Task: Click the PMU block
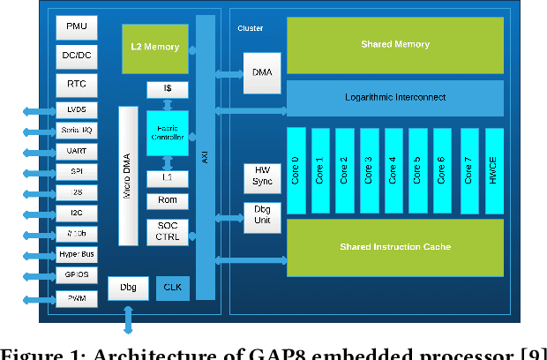tap(77, 26)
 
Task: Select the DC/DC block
tap(77, 55)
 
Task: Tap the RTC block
tap(77, 84)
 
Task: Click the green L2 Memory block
tap(155, 48)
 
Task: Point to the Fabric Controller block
tap(167, 133)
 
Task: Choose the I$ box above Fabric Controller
tap(167, 90)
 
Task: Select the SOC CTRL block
tap(167, 232)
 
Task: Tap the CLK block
tap(171, 287)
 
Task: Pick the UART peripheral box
tap(77, 152)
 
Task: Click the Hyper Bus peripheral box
tap(77, 254)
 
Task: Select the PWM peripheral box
tap(77, 299)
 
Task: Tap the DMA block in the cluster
tap(261, 74)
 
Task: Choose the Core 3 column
tap(370, 170)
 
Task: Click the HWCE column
tap(493, 170)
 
